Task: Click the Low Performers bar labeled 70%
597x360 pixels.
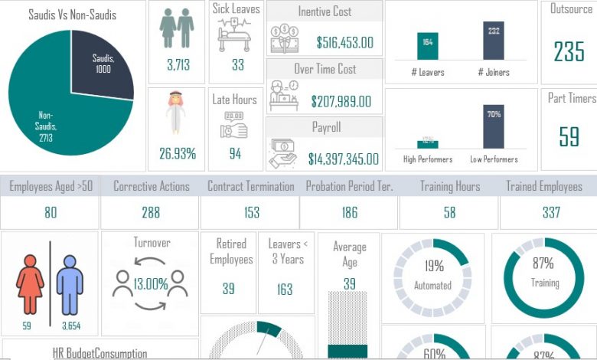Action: click(494, 127)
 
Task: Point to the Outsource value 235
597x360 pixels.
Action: click(569, 51)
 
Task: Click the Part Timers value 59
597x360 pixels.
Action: click(569, 136)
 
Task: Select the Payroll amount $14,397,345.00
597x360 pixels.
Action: click(343, 159)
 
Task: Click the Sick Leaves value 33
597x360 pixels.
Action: click(238, 65)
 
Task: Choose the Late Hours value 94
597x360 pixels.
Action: click(235, 153)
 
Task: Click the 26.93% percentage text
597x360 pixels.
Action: click(178, 153)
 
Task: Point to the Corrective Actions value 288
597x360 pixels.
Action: click(150, 212)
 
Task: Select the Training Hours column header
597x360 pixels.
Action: click(450, 186)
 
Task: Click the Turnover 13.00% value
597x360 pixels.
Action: click(151, 284)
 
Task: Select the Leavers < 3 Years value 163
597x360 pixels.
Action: click(285, 289)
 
